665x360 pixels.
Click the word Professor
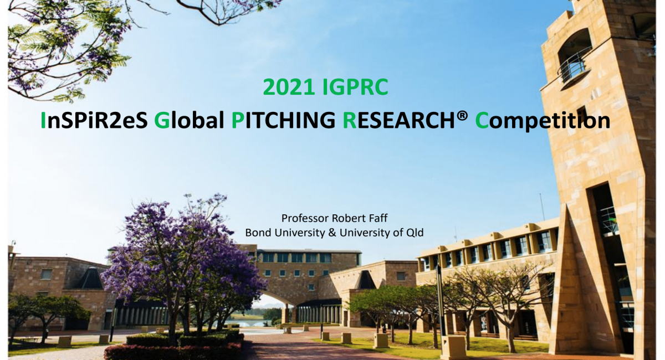[x=303, y=218]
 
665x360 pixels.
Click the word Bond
[x=257, y=233]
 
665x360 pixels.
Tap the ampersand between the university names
[x=332, y=233]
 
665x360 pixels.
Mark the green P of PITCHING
[x=237, y=120]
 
